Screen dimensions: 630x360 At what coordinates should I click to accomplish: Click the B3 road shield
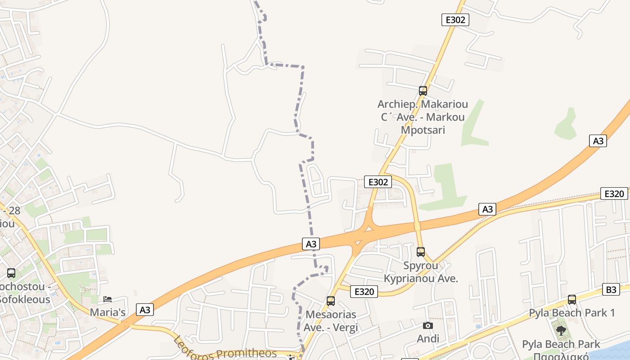[x=611, y=289]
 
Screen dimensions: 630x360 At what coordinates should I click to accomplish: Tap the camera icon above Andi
[x=428, y=325]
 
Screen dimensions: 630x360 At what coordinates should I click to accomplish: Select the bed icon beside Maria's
[x=108, y=299]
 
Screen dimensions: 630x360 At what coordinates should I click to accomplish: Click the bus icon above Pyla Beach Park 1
[x=571, y=299]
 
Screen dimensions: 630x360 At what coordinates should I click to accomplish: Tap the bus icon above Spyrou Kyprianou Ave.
[x=421, y=252]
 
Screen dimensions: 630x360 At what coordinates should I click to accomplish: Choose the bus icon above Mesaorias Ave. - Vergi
[x=331, y=301]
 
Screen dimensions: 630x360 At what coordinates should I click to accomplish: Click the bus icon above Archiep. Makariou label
[x=423, y=91]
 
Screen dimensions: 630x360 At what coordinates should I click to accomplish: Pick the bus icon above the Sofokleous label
[x=11, y=273]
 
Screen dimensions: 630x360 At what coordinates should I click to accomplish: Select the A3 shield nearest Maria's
[x=144, y=310]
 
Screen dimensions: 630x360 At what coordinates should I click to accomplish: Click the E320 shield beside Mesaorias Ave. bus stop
[x=364, y=292]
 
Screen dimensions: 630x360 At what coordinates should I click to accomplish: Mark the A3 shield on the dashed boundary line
[x=311, y=244]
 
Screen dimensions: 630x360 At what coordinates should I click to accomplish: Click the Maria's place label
[x=108, y=312]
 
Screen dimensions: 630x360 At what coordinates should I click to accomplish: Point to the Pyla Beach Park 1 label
[x=571, y=312]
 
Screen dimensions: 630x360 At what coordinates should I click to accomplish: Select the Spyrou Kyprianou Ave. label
[x=421, y=272]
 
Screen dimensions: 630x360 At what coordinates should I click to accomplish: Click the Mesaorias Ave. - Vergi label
[x=331, y=321]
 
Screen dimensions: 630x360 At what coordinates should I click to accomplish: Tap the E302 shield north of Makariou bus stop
[x=455, y=20]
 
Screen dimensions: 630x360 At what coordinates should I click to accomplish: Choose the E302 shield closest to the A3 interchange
[x=378, y=182]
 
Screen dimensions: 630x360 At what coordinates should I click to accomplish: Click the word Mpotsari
[x=423, y=130]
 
